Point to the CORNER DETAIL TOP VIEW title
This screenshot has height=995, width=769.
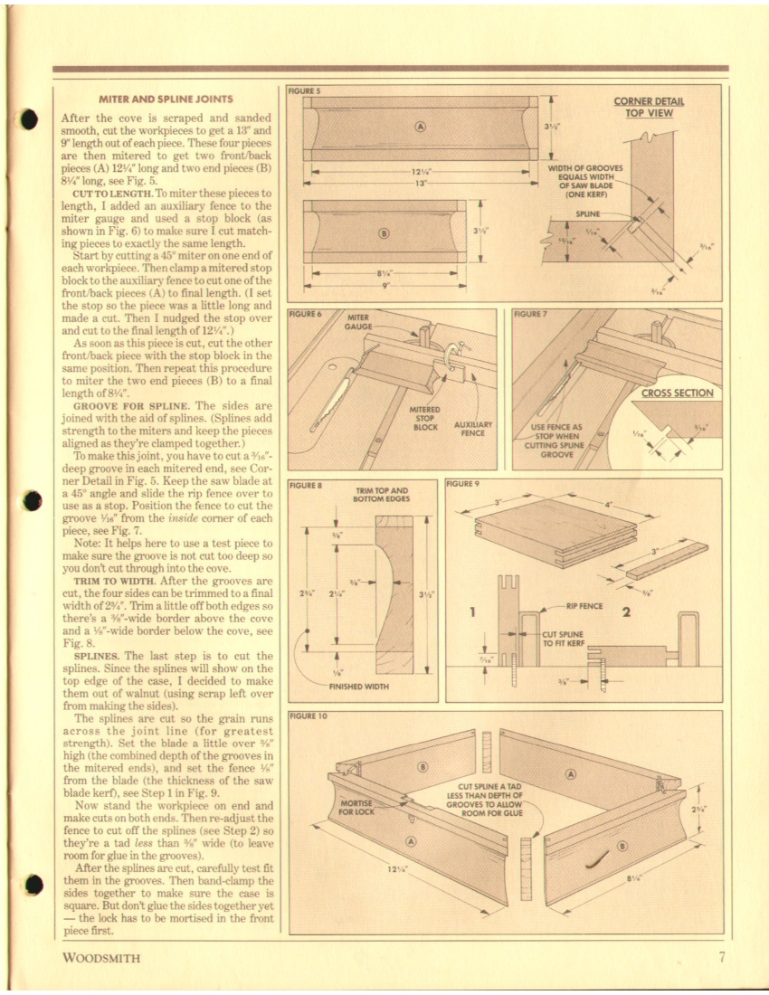[649, 107]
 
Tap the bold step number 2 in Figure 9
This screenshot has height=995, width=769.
[625, 613]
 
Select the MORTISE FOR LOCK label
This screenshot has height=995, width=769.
[356, 807]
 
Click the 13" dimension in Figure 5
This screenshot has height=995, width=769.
[419, 182]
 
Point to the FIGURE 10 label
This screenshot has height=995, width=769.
[307, 715]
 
